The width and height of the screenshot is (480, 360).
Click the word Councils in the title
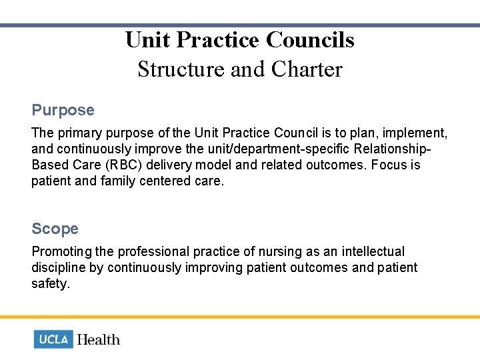point(310,40)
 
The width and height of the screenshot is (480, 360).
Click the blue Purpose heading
point(63,110)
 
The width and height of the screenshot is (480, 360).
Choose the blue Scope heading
point(55,229)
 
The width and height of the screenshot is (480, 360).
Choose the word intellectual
point(373,251)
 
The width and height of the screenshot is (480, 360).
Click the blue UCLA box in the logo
point(53,339)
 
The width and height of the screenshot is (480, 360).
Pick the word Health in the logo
point(99,339)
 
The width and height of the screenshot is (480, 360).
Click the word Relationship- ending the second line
point(387,149)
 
